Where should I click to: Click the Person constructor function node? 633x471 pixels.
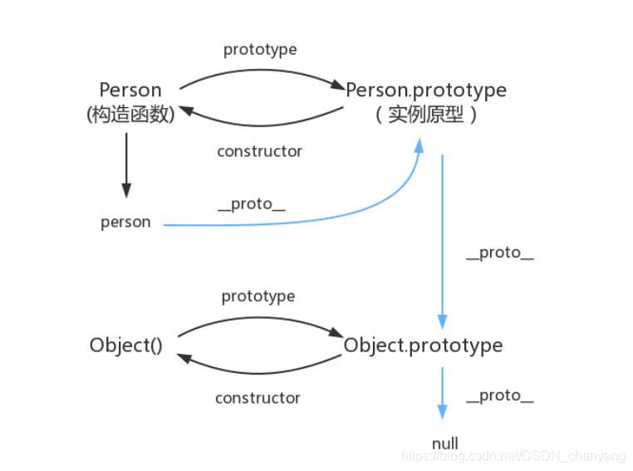130,90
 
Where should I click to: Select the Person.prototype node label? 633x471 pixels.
425,90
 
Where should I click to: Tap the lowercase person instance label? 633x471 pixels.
125,223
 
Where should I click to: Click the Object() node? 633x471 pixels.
126,345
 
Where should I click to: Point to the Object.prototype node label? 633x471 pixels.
423,345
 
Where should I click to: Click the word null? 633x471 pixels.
445,443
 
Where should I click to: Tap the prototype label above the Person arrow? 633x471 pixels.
260,50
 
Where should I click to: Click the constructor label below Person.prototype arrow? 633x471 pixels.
259,151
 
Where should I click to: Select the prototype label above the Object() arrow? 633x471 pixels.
258,296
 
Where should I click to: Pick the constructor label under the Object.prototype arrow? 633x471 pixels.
258,398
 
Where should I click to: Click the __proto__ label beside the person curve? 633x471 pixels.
252,204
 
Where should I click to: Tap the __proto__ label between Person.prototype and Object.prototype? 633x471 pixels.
499,253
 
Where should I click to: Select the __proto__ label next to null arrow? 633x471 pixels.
499,395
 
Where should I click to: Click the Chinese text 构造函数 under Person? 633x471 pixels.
130,115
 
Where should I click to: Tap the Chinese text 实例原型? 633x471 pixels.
425,115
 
